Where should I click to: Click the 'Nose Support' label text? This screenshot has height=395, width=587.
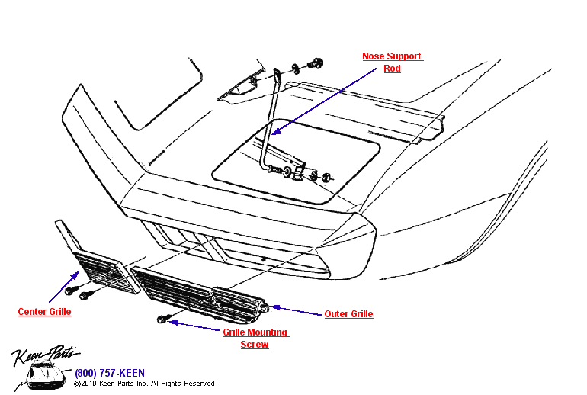392,56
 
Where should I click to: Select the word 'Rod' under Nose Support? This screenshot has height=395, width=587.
392,69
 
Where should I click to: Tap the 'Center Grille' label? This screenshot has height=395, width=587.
44,312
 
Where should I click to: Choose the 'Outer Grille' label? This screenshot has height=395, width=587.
348,314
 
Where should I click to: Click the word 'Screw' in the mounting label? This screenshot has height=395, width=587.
255,345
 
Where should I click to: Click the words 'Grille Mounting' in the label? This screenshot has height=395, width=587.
255,332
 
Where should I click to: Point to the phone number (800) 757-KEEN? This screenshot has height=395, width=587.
109,373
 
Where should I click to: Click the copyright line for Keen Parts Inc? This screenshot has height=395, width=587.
144,384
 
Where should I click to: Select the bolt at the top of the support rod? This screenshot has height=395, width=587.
313,64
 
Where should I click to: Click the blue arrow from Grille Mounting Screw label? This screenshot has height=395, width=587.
194,326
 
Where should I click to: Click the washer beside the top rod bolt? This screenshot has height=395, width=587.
293,69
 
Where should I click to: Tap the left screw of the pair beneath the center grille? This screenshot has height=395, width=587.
70,291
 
